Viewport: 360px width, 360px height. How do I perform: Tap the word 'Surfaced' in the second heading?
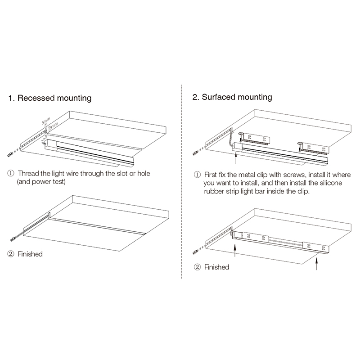[219, 97]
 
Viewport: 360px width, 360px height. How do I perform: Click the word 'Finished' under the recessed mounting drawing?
[30, 254]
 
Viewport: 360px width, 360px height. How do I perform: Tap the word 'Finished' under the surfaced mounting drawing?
[216, 267]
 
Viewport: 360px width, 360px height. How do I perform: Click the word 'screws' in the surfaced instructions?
[296, 174]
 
